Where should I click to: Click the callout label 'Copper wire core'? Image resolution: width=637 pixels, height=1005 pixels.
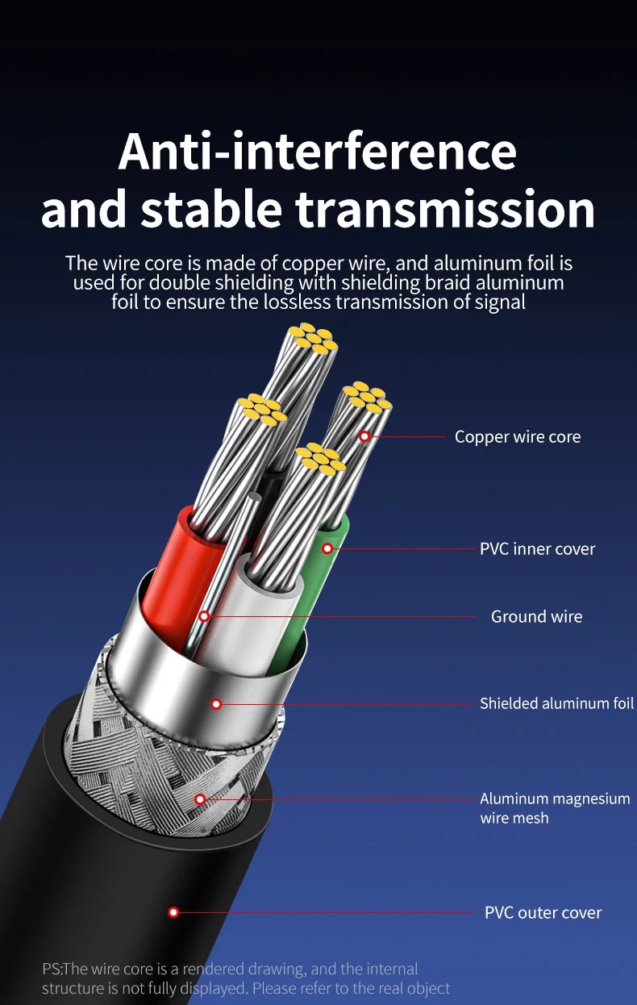coord(518,436)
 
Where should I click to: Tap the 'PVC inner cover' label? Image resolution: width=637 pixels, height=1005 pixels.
coord(537,548)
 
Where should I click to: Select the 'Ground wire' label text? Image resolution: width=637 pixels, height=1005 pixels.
coord(536,616)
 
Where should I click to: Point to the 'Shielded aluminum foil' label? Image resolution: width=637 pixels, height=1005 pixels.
coord(556,703)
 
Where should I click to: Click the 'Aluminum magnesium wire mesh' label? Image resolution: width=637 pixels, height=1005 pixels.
coord(555,808)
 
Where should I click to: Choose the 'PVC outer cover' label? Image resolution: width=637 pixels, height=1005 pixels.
coord(543,912)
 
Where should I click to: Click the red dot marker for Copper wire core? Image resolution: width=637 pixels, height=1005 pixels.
coord(364,436)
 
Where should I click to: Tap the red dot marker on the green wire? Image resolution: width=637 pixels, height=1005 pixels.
coord(327,548)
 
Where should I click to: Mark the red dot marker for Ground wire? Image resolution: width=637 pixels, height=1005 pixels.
coord(204,616)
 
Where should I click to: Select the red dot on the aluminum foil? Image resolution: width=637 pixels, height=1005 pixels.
coord(216,704)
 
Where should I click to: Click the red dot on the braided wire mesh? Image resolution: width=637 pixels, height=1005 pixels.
coord(200,799)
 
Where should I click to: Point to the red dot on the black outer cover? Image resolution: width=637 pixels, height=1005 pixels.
coord(173,912)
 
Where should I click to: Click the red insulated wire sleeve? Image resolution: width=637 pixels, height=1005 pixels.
coord(181,579)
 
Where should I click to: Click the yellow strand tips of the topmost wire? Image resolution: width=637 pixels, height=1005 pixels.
coord(313,338)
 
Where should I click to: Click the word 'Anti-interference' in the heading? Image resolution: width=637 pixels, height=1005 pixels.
coord(318,151)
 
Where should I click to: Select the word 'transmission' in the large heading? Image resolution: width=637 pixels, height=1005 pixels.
coord(445,209)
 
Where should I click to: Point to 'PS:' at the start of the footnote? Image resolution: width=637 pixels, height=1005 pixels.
coord(53,969)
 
